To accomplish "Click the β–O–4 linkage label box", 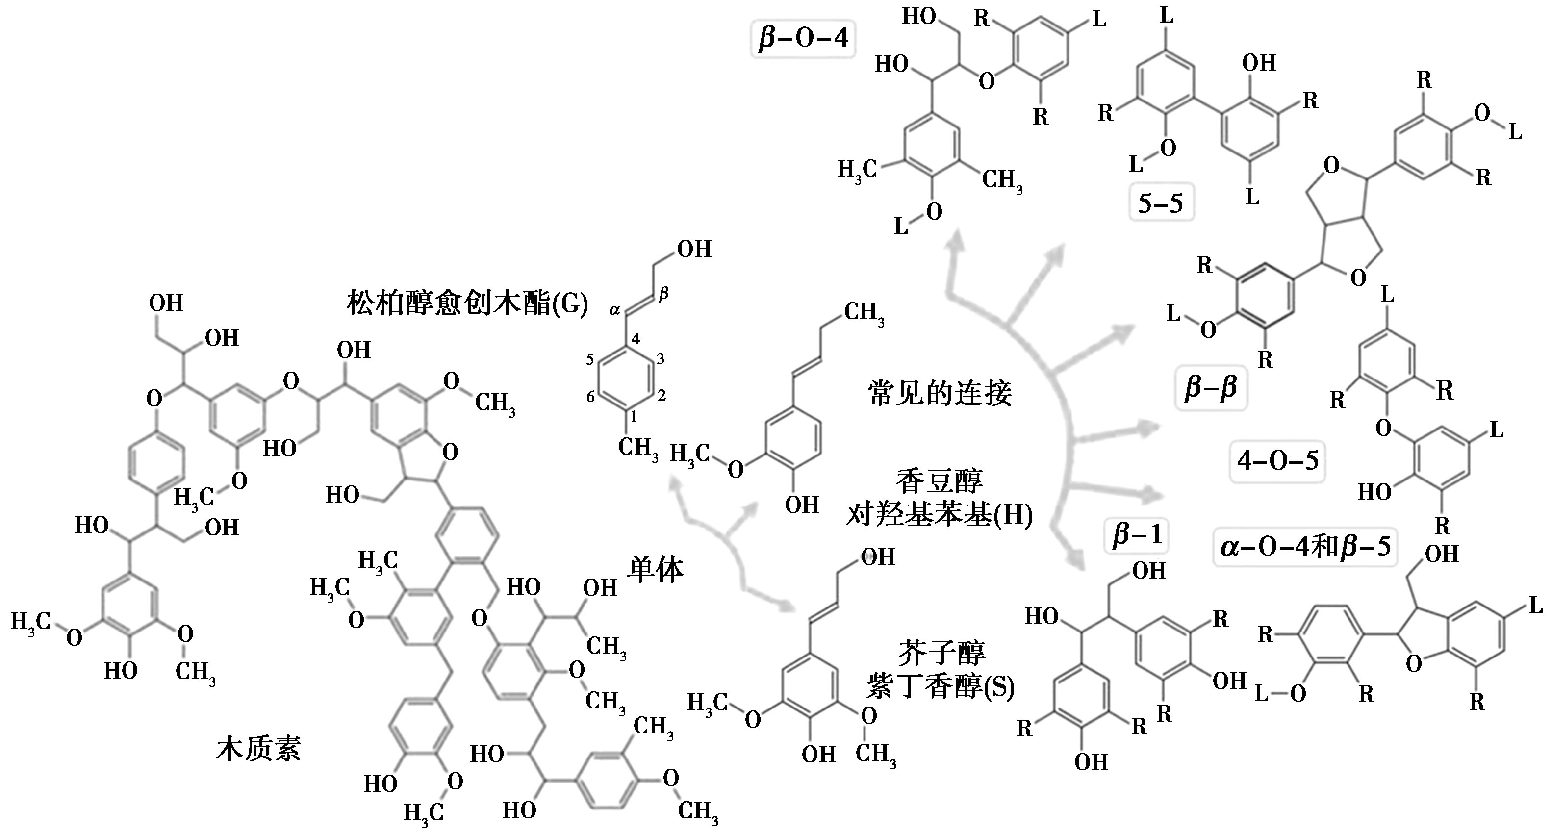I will pyautogui.click(x=803, y=39).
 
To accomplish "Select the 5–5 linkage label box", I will pyautogui.click(x=1160, y=203).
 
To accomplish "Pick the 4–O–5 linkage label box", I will pyautogui.click(x=1277, y=461).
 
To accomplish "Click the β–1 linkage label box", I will pyautogui.click(x=1137, y=535).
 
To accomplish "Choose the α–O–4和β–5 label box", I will pyautogui.click(x=1305, y=547).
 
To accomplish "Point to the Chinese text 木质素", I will pyautogui.click(x=258, y=749).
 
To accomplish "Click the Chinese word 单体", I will pyautogui.click(x=656, y=569).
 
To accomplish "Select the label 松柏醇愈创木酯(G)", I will pyautogui.click(x=467, y=303).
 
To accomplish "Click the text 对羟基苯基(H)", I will pyautogui.click(x=940, y=515).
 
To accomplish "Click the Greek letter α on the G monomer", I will pyautogui.click(x=614, y=310).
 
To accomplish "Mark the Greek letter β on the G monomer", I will pyautogui.click(x=664, y=294).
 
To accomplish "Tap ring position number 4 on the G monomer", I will pyautogui.click(x=635, y=339).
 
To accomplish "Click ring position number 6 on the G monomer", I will pyautogui.click(x=590, y=396).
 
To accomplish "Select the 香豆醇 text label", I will pyautogui.click(x=940, y=481).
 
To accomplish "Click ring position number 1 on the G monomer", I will pyautogui.click(x=633, y=416).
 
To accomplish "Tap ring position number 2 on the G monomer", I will pyautogui.click(x=662, y=395).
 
